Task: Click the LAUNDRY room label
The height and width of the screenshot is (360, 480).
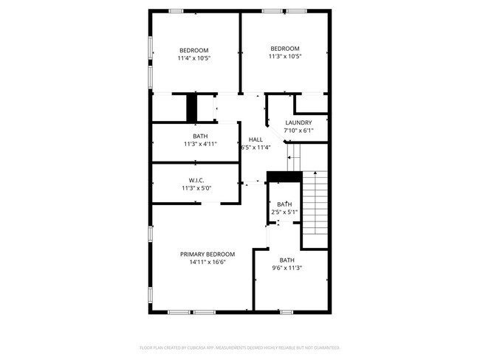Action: (298, 122)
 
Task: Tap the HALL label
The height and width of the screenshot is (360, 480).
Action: (256, 139)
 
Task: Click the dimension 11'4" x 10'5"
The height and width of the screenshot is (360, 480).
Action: (194, 58)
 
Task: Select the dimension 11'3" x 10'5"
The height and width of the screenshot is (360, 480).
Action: (284, 56)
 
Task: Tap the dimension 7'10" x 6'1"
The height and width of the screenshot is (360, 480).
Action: (298, 131)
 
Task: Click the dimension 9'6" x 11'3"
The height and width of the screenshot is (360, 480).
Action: (287, 268)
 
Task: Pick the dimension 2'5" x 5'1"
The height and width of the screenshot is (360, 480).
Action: (284, 212)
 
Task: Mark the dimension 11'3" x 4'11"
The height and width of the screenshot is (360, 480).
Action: (200, 144)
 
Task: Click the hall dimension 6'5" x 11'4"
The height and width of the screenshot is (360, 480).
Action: (256, 147)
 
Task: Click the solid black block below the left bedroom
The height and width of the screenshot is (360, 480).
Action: (192, 108)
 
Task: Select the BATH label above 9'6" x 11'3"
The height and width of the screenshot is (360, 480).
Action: (287, 260)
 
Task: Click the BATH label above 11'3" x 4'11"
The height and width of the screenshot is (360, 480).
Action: (200, 136)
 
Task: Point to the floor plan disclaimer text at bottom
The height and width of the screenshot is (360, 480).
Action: (240, 347)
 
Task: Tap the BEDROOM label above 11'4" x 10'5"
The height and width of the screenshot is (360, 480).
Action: (194, 50)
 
